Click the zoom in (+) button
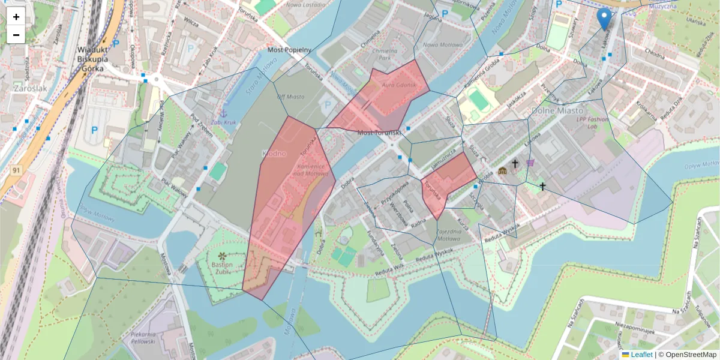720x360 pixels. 16,17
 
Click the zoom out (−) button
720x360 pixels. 16,35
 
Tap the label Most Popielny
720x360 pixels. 290,50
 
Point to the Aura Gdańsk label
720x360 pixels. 395,85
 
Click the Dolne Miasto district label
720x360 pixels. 557,110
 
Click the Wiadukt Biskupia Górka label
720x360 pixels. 92,59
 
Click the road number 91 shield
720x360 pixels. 16,171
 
